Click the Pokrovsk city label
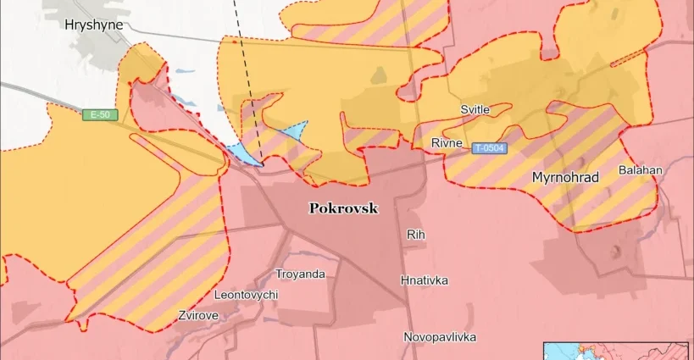click(x=343, y=208)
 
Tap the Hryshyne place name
click(x=93, y=25)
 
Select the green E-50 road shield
click(x=100, y=114)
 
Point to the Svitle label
click(x=475, y=110)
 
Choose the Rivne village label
click(x=447, y=142)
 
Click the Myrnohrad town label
click(x=565, y=178)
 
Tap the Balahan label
click(x=640, y=170)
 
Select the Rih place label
click(x=415, y=234)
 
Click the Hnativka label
click(x=425, y=280)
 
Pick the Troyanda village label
click(x=300, y=274)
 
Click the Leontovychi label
click(x=245, y=295)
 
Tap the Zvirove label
click(x=198, y=315)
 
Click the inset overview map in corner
click(x=617, y=351)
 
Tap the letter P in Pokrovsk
click(x=314, y=208)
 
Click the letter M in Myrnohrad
click(x=537, y=178)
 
